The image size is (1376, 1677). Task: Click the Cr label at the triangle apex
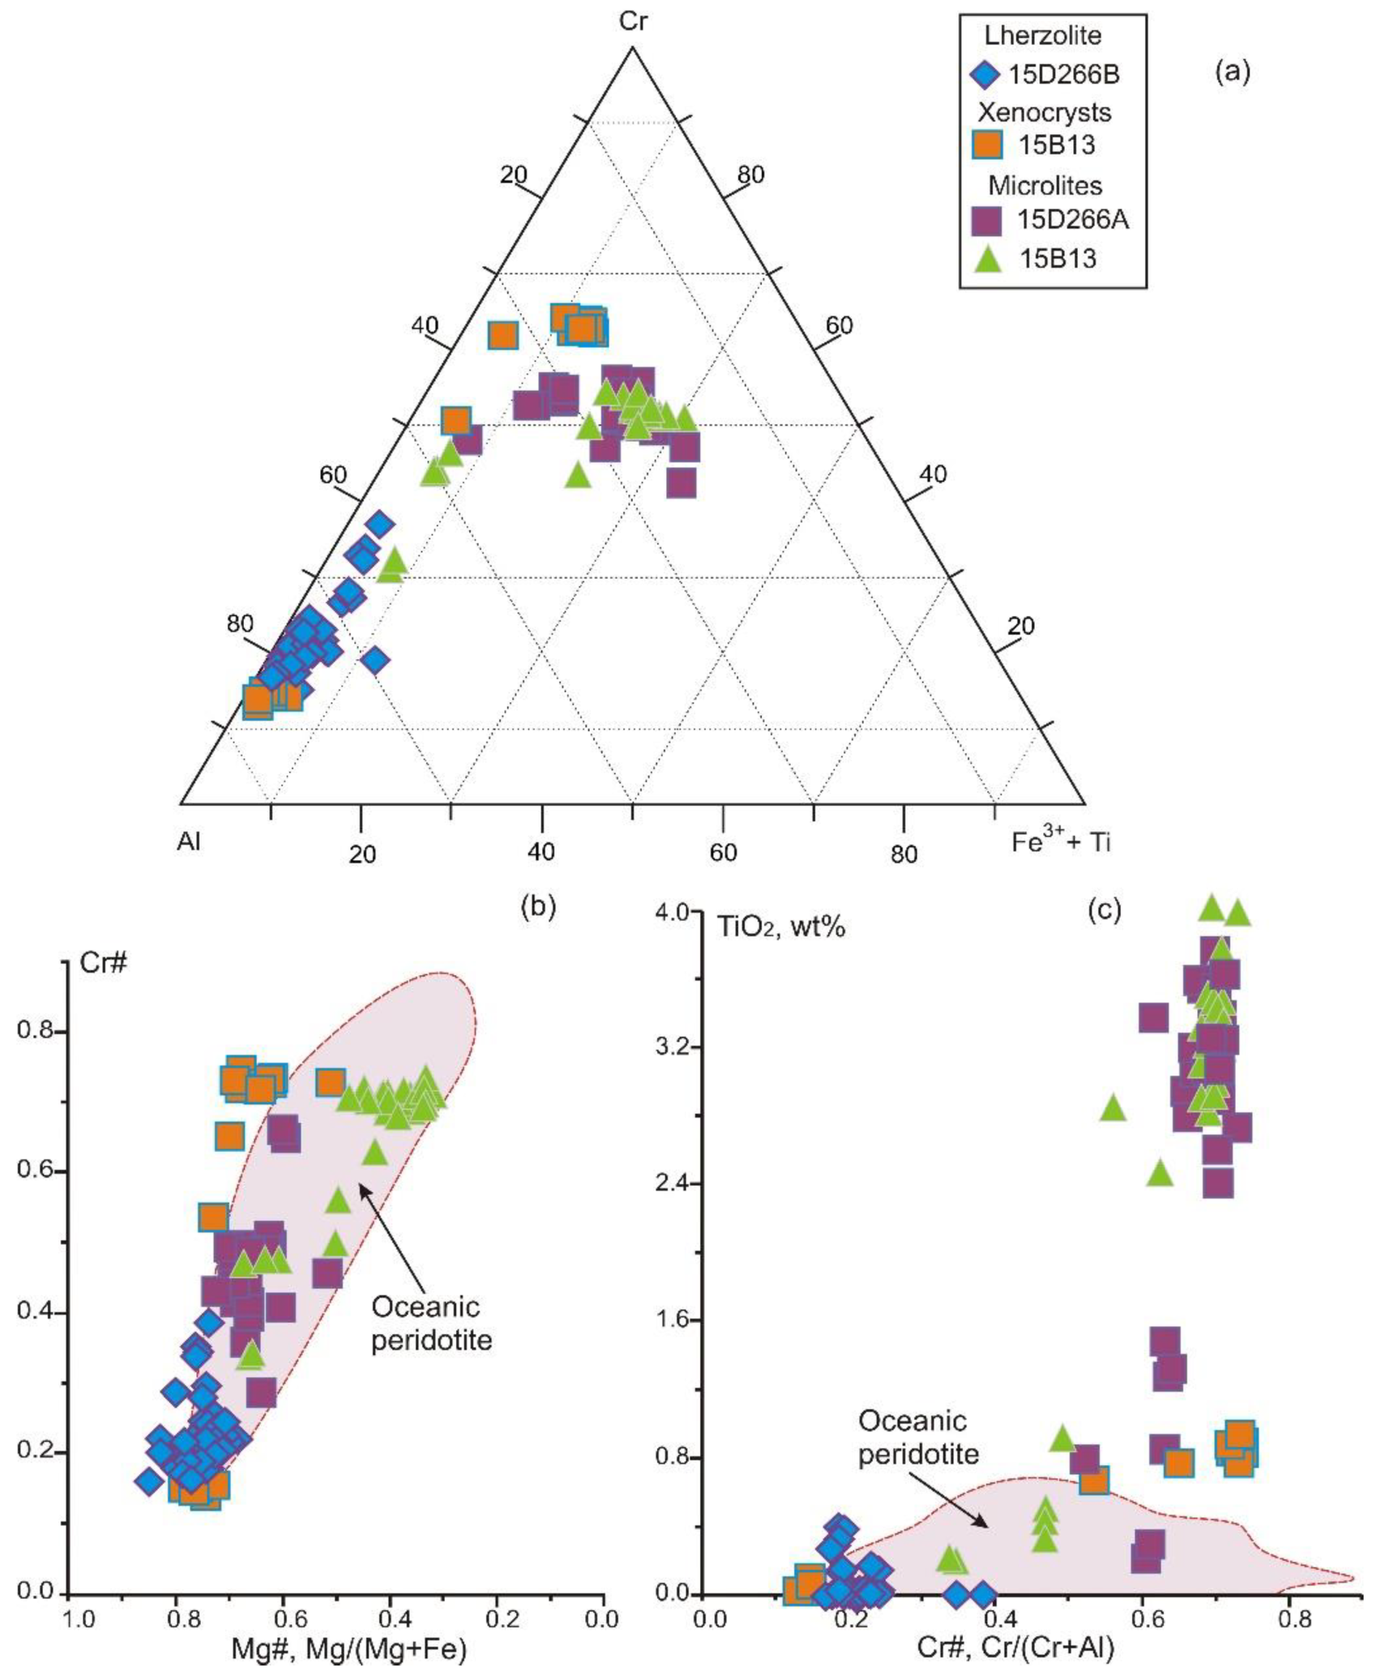tap(632, 22)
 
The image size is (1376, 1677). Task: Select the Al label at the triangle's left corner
tap(189, 842)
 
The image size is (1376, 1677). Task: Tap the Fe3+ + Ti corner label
tap(1060, 842)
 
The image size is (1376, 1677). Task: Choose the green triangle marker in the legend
tap(987, 259)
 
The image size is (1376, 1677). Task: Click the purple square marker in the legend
tap(987, 220)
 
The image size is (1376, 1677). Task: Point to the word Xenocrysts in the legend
tap(1044, 111)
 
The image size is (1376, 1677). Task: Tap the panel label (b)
tap(538, 907)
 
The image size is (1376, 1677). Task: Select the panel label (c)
tap(1103, 911)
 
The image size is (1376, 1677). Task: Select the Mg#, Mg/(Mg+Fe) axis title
tap(349, 1649)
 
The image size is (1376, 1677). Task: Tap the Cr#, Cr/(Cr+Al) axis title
tap(1016, 1649)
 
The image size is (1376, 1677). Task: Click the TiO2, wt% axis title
tap(781, 925)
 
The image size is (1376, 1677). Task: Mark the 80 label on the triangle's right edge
tap(750, 174)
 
